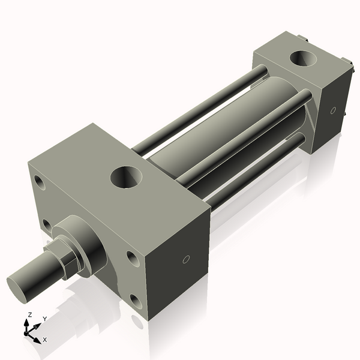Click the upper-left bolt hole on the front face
point(40,181)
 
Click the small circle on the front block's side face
point(186,260)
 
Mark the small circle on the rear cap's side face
point(332,111)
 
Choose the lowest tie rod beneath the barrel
point(252,174)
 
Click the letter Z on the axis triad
point(30,314)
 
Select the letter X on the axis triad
point(45,340)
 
